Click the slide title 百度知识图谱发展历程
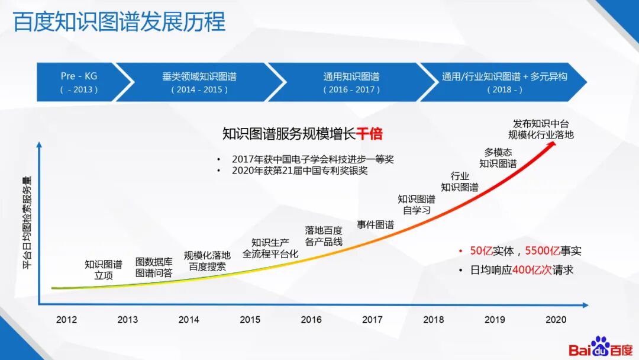coord(119,22)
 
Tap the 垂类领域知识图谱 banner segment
coord(199,82)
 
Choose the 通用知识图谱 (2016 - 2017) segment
coord(351,82)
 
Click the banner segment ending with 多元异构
coord(504,82)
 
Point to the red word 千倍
coord(369,134)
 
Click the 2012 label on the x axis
coord(66,320)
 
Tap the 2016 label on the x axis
coord(311,320)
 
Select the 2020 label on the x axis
coord(556,320)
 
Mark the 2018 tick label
coord(434,320)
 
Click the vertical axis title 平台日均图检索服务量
coord(27,223)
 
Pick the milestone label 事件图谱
coord(375,224)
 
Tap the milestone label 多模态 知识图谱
coord(498,158)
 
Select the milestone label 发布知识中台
coord(541,124)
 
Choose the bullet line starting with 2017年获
coord(312,159)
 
